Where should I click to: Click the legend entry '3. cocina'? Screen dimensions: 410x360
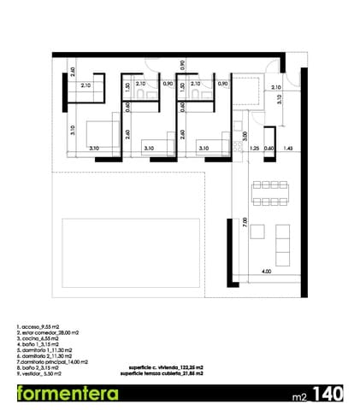[36, 339]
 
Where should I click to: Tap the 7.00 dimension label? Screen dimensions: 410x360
[245, 222]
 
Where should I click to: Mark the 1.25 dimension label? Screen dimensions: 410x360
[254, 149]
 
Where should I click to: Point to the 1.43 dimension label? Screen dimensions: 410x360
[288, 149]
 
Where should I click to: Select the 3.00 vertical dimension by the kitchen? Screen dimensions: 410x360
[245, 135]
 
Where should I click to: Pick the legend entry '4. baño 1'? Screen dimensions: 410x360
[35, 345]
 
